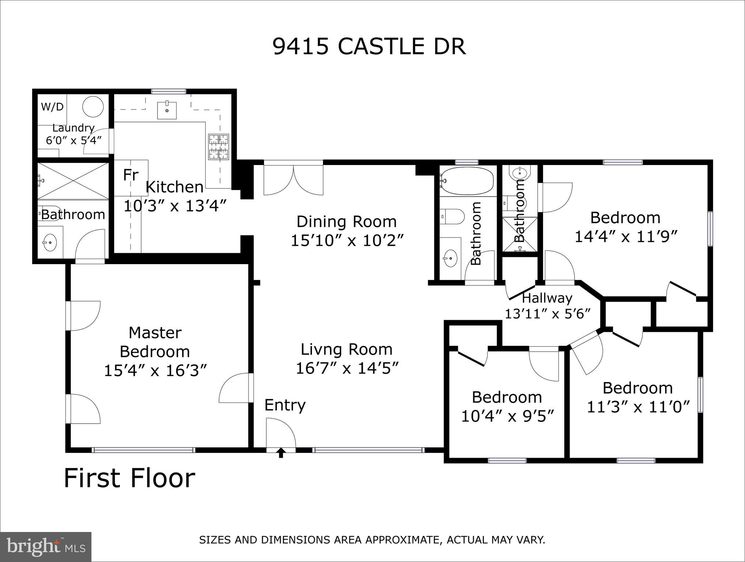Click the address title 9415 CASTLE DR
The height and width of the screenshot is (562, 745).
pyautogui.click(x=369, y=46)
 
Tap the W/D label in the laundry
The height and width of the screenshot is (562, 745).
pyautogui.click(x=52, y=107)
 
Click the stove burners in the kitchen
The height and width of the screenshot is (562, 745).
pyautogui.click(x=219, y=147)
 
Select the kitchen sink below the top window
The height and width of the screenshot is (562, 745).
pyautogui.click(x=167, y=110)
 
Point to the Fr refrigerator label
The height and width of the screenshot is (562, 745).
pyautogui.click(x=131, y=175)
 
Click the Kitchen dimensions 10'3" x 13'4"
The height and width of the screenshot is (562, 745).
pyautogui.click(x=175, y=206)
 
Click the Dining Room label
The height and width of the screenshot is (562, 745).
pyautogui.click(x=346, y=222)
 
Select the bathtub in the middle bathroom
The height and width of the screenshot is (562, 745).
pyautogui.click(x=467, y=180)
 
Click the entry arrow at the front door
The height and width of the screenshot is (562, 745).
pyautogui.click(x=281, y=453)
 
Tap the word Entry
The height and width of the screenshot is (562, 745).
pyautogui.click(x=285, y=405)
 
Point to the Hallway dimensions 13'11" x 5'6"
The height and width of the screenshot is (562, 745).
pyautogui.click(x=548, y=314)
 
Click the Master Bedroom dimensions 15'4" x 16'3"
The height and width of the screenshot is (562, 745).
pyautogui.click(x=155, y=370)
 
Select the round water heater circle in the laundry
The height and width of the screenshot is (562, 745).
pyautogui.click(x=93, y=107)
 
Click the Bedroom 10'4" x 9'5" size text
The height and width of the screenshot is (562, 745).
pyautogui.click(x=507, y=416)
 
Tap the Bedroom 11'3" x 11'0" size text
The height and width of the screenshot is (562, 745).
pyautogui.click(x=638, y=407)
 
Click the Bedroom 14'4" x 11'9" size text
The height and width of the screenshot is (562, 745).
pyautogui.click(x=626, y=237)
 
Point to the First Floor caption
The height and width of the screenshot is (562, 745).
pyautogui.click(x=129, y=478)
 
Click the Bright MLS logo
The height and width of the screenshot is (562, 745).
pyautogui.click(x=45, y=547)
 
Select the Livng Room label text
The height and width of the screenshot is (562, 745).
pyautogui.click(x=346, y=349)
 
